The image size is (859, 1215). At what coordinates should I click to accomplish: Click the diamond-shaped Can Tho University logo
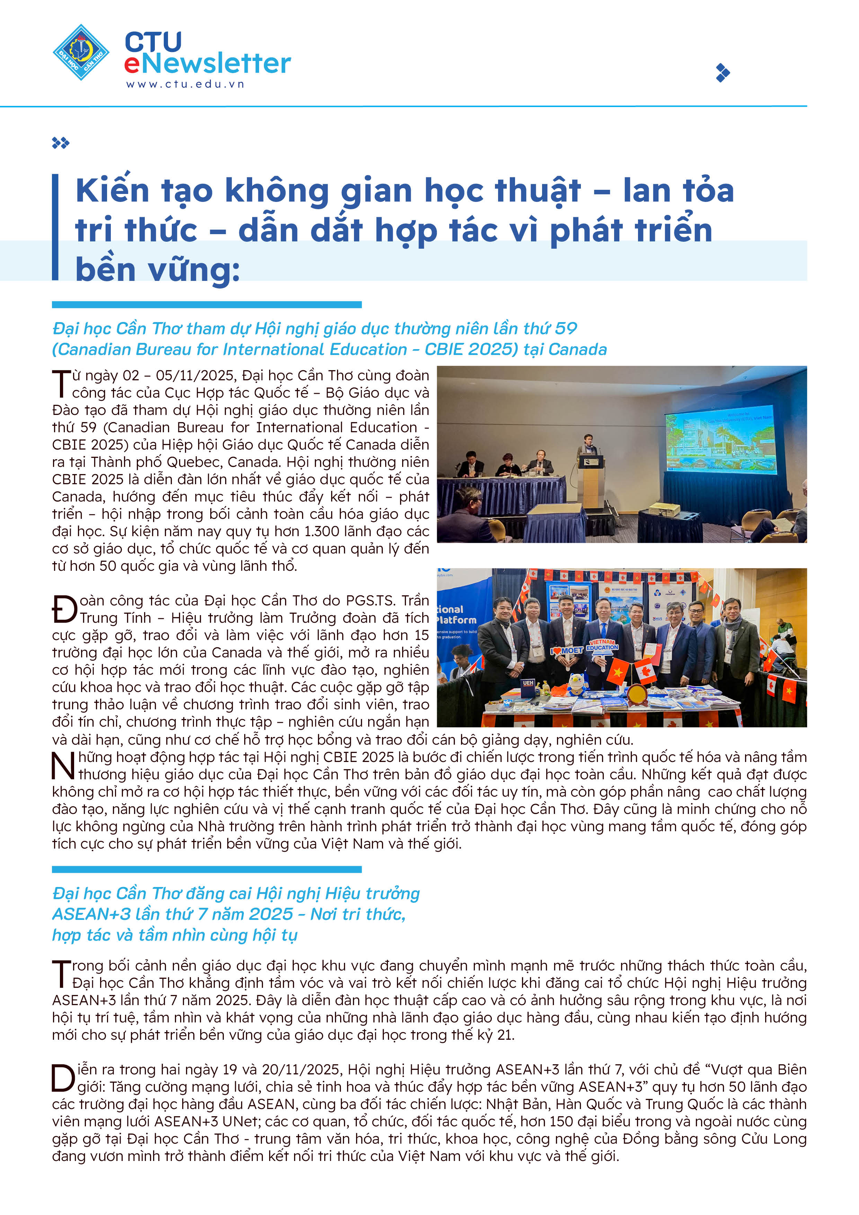81,52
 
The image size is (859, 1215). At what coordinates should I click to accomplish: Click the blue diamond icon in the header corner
723,72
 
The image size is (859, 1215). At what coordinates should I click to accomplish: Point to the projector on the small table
664,509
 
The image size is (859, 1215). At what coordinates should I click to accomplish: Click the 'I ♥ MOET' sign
567,650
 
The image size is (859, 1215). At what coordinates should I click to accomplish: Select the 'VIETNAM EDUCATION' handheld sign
602,645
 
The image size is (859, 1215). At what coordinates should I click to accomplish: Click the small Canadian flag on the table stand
645,671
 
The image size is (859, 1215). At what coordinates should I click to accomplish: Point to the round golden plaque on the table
637,694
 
